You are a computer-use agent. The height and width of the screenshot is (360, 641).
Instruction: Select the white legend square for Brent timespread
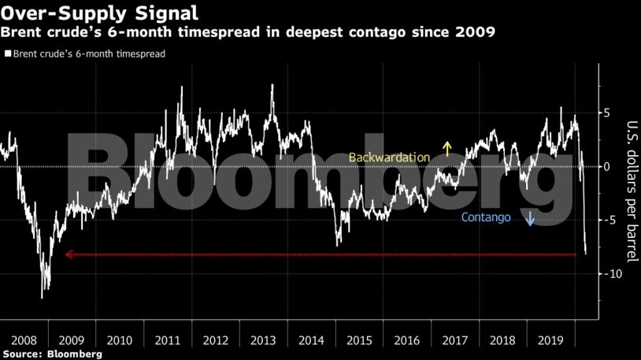pos(8,55)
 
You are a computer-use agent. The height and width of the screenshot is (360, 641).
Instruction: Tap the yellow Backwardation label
pos(389,158)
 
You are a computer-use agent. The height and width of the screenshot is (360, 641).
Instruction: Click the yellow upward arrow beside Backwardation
pos(446,149)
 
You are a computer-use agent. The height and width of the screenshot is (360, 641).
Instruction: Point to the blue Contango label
pos(487,217)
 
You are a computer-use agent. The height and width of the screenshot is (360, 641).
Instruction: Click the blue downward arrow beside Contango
pos(530,217)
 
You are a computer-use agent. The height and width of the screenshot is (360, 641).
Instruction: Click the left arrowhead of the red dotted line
pos(69,254)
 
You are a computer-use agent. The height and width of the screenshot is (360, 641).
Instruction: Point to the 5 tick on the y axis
pos(606,113)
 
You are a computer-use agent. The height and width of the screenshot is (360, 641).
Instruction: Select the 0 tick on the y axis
pos(606,166)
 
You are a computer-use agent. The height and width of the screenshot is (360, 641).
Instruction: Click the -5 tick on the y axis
pos(605,220)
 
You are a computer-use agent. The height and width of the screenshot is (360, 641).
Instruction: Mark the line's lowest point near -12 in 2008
pos(42,298)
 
